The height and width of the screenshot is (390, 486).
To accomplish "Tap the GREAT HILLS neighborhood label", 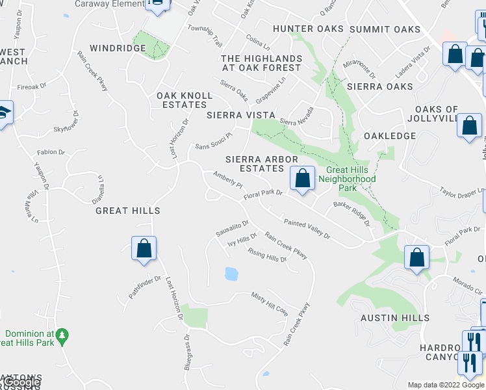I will [x=127, y=211].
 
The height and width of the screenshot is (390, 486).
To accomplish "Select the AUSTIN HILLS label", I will [x=396, y=318].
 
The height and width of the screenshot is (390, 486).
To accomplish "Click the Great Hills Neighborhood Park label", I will [x=351, y=179].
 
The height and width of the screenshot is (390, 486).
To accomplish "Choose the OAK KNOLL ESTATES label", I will [x=185, y=100].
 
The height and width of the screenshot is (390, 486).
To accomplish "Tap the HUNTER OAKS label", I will [x=308, y=29].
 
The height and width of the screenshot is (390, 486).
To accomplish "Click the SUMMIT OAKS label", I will [x=385, y=29].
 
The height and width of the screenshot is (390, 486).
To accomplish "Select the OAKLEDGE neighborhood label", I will [x=389, y=136].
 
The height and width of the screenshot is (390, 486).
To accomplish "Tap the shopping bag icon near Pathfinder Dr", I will [x=144, y=248].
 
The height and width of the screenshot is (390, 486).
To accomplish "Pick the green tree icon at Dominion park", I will [x=62, y=336].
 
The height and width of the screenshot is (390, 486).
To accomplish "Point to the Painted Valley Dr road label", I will [x=305, y=229].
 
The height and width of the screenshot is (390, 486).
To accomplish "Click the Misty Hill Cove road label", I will [x=269, y=304].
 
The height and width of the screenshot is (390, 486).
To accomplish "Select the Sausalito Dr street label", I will [x=233, y=228].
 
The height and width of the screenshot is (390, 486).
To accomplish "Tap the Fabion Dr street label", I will [x=51, y=152].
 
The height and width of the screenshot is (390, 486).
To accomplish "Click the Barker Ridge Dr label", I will [x=352, y=213].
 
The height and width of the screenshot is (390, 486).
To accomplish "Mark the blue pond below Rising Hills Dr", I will [x=231, y=274].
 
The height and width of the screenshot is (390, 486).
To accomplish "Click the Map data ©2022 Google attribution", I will [x=446, y=385].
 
